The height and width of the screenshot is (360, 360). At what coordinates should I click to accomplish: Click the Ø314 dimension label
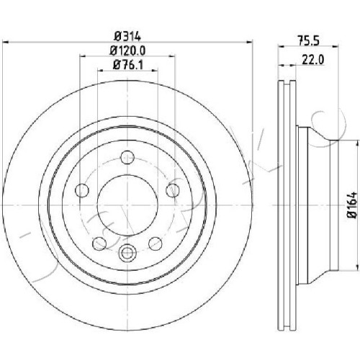point(127,37)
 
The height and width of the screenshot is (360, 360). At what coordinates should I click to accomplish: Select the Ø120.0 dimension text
point(127,50)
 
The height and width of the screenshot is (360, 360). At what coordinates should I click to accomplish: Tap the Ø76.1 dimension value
point(127,65)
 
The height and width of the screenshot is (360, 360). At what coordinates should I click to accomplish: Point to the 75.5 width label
point(308,40)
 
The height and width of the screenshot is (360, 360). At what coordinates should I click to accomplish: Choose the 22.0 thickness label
point(313,60)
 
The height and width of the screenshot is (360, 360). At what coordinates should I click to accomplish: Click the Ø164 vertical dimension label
point(352,204)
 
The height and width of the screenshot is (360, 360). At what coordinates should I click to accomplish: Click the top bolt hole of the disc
point(127,158)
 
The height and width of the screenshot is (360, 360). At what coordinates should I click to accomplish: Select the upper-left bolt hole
point(82,191)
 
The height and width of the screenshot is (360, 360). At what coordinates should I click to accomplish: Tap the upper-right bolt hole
point(173,191)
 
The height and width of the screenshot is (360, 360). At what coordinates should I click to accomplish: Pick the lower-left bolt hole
point(99,243)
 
